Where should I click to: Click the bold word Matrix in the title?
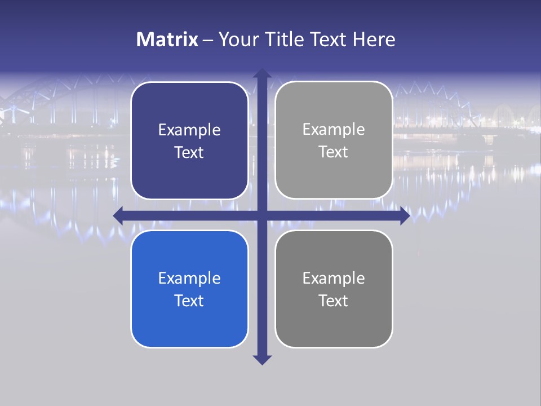(167, 39)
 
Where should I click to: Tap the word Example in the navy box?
(189, 130)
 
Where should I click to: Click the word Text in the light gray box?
(334, 152)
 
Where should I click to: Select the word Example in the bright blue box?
(189, 278)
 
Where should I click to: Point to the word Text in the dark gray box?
(334, 301)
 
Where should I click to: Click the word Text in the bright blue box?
(189, 301)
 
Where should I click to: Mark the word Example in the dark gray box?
(334, 278)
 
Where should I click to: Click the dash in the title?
(208, 40)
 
